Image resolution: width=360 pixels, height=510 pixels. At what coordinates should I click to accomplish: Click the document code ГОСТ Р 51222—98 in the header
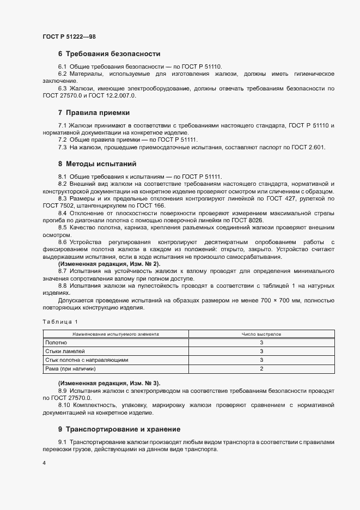pyautogui.click(x=70, y=36)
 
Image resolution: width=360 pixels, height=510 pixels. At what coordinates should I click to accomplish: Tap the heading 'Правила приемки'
pyautogui.click(x=97, y=113)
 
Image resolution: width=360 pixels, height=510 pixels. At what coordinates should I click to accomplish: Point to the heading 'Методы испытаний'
pyautogui.click(x=101, y=163)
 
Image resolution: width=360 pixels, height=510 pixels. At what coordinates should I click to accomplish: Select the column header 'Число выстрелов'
pyautogui.click(x=261, y=333)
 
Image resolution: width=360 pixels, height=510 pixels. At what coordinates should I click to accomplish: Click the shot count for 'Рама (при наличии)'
pyautogui.click(x=261, y=369)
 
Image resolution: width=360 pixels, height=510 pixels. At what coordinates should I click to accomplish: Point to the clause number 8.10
pyautogui.click(x=65, y=406)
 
